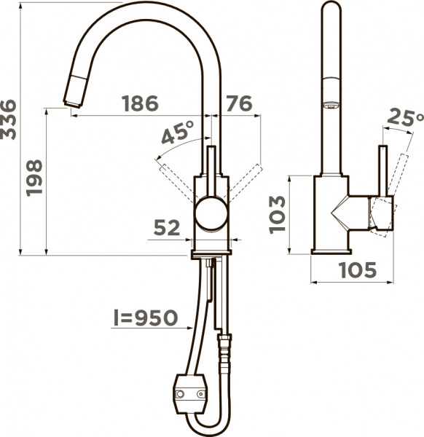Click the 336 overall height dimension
(8, 119)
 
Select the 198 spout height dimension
(34, 178)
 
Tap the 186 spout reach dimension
(140, 103)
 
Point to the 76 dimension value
(239, 103)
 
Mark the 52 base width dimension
(167, 227)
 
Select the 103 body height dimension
(278, 215)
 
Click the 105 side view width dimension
(358, 269)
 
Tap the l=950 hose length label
(146, 318)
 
